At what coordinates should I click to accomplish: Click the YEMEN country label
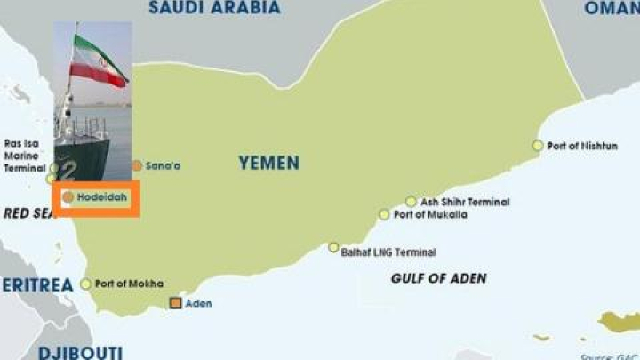click(268, 164)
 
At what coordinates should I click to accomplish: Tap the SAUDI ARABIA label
click(214, 8)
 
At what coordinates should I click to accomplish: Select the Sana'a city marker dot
click(137, 165)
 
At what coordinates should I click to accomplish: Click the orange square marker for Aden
click(176, 304)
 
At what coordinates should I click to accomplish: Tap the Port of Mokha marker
click(86, 284)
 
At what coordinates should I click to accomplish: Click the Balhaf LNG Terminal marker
click(333, 248)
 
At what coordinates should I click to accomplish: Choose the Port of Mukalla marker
click(384, 214)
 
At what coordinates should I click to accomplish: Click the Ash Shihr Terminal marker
click(411, 202)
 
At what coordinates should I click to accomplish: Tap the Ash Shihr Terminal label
click(465, 202)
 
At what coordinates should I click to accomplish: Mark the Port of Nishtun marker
click(538, 146)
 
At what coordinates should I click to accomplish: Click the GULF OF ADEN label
click(438, 278)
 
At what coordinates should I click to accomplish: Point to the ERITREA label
click(36, 285)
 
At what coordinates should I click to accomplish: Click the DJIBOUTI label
click(79, 352)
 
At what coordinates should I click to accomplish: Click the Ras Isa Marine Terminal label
click(24, 156)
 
